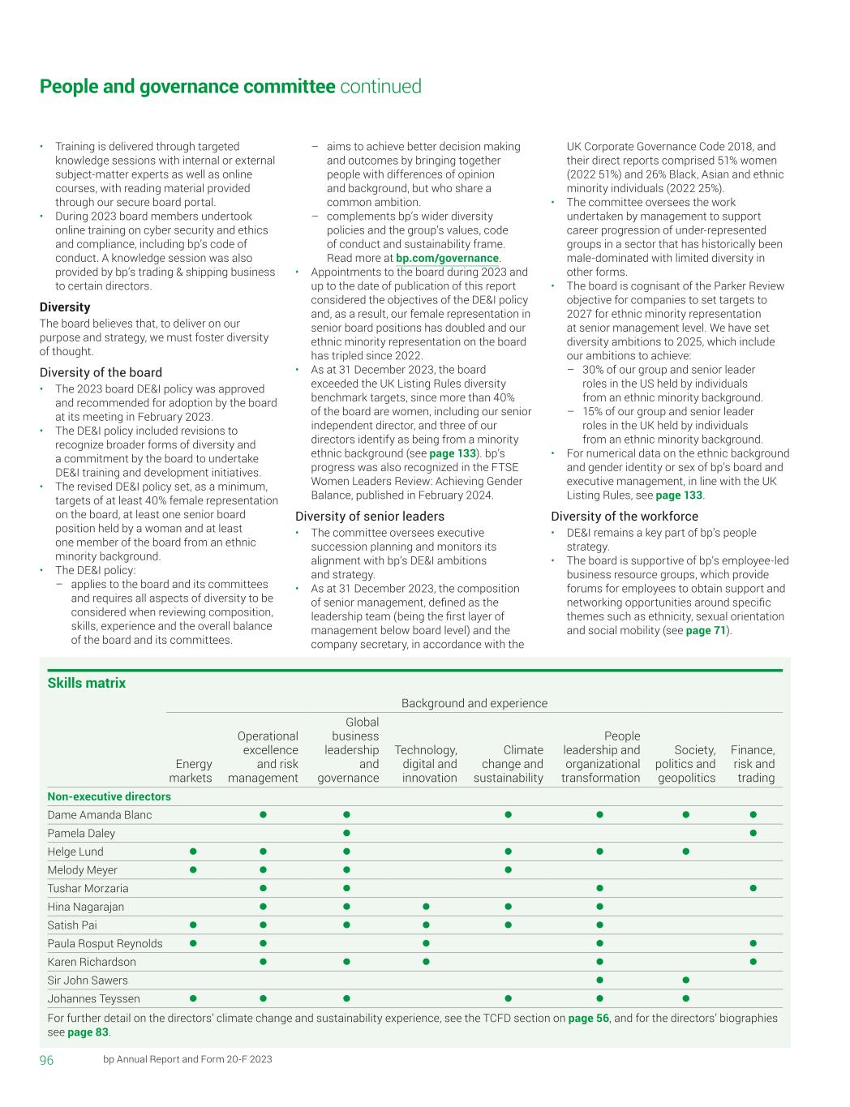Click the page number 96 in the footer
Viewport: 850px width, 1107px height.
coord(47,1060)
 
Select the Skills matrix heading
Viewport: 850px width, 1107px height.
coord(87,683)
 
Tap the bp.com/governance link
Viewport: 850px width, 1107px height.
coord(447,258)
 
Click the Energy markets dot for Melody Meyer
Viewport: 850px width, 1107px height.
coord(193,869)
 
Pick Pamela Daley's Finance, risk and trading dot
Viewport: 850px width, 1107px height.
coord(753,833)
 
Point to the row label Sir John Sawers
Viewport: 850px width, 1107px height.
coord(88,980)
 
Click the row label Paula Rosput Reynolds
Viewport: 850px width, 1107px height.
coord(105,943)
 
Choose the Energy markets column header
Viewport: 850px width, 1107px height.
coord(191,770)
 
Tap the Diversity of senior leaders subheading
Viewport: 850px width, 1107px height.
coord(370,517)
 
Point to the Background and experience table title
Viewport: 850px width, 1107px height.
coord(474,703)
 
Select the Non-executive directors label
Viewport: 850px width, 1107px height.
coord(109,796)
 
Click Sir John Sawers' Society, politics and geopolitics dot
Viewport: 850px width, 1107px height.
coord(686,980)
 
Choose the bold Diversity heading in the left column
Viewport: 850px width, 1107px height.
coord(65,307)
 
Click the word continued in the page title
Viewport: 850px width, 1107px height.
coord(380,87)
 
